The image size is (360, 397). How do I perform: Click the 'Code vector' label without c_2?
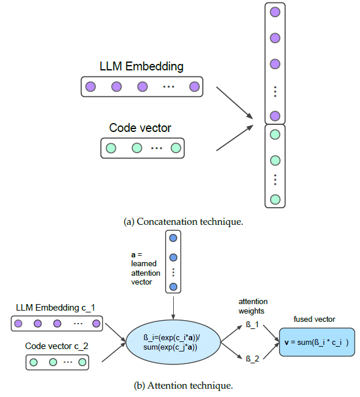(x=140, y=127)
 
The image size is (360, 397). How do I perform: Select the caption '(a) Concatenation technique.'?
(x=183, y=222)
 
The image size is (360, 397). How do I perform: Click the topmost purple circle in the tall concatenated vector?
(x=274, y=12)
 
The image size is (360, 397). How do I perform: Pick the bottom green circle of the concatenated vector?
(x=274, y=199)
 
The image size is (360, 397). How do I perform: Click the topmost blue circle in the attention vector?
(x=173, y=238)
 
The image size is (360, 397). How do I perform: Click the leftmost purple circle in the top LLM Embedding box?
(x=90, y=87)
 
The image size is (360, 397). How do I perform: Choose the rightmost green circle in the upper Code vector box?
(x=175, y=148)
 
